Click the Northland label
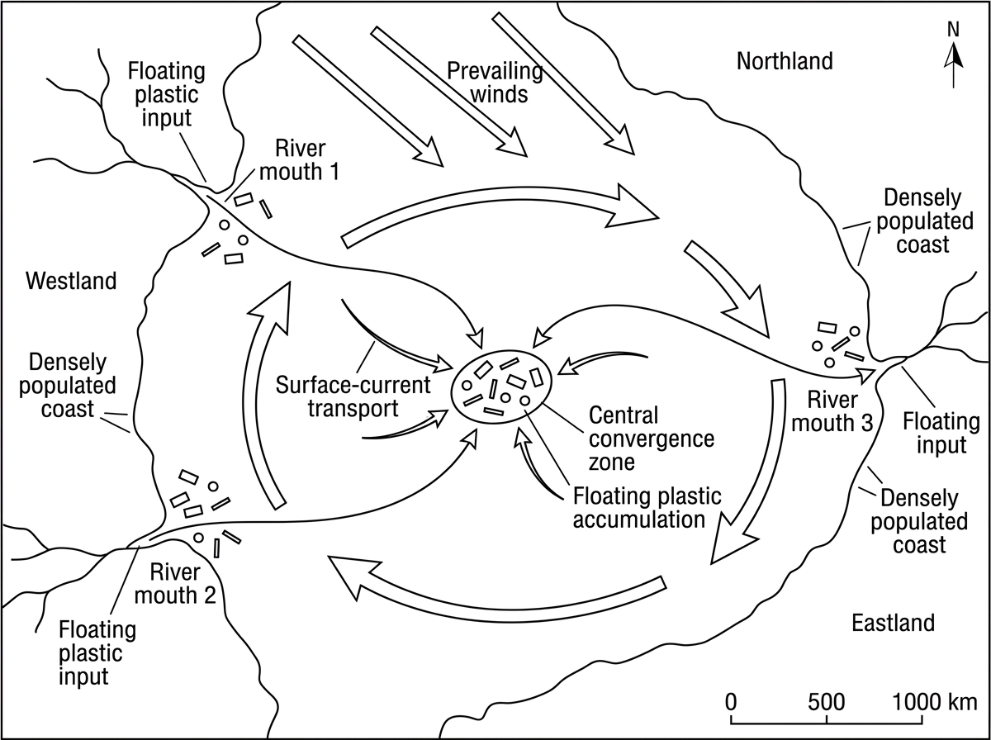coord(785,61)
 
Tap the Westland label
coord(71,281)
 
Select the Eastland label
coord(893,623)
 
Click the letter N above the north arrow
coord(953,30)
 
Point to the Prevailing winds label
coord(495,83)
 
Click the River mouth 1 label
coord(299,160)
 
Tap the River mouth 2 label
coord(175,584)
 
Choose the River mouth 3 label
coord(832,411)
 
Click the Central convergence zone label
coord(652,439)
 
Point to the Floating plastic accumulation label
coord(647,507)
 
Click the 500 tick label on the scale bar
coord(826,702)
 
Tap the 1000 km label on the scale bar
coord(935,702)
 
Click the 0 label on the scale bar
coord(731,702)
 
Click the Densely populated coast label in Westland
coord(67,385)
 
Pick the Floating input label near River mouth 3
coord(941,433)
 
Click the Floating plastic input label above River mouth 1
coord(167,94)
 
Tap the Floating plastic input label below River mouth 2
coord(97,652)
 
